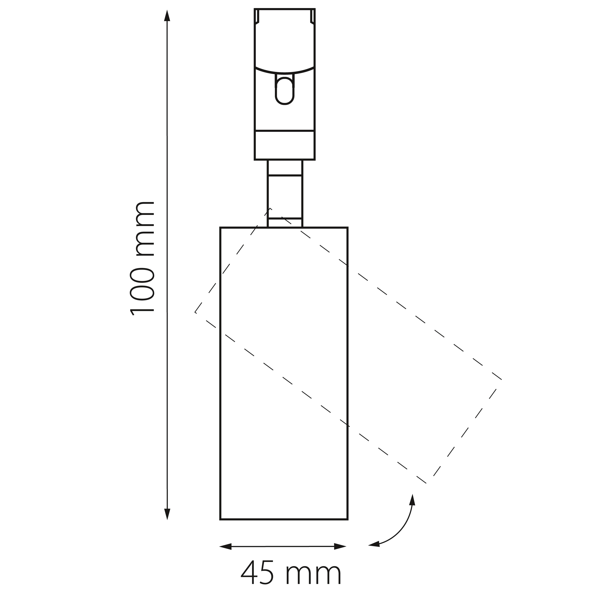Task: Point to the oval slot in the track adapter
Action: [285, 91]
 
